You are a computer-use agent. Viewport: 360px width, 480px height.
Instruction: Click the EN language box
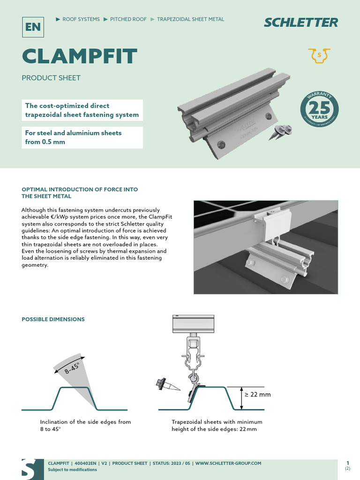click(x=33, y=26)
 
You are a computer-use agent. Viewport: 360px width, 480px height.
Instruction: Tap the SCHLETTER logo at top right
click(x=300, y=22)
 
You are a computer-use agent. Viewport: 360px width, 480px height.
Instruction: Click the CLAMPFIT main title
click(x=79, y=56)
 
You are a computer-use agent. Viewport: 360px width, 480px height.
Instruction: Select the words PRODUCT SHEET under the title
click(x=51, y=78)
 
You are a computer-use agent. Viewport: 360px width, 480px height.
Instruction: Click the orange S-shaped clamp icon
click(x=320, y=55)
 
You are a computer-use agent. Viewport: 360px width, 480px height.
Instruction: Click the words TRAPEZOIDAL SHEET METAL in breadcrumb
click(x=190, y=19)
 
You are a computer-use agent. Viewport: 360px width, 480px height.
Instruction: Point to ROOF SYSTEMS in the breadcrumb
click(x=81, y=19)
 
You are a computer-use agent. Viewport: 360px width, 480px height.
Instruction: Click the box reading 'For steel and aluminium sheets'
click(x=82, y=137)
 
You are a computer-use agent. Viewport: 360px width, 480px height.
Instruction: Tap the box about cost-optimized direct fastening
click(x=82, y=110)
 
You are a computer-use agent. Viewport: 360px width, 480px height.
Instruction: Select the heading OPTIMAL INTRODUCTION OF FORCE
click(x=80, y=193)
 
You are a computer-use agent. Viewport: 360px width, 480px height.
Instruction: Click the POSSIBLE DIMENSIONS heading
click(x=53, y=319)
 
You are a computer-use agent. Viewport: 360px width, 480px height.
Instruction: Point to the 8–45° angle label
click(x=72, y=367)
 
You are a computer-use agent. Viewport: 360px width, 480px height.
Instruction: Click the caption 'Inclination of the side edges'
click(x=85, y=425)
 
